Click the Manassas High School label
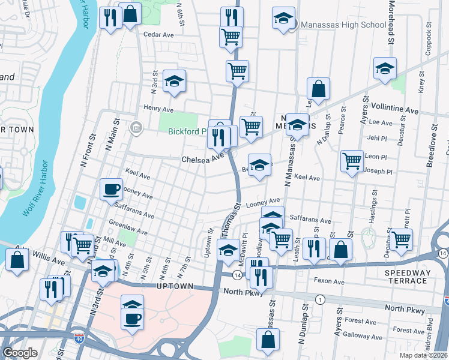click(x=343, y=25)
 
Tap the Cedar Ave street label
click(x=158, y=35)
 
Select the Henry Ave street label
click(x=158, y=109)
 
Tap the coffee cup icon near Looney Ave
click(x=110, y=189)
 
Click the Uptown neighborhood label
click(x=175, y=287)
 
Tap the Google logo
click(x=20, y=353)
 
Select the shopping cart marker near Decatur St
click(x=402, y=239)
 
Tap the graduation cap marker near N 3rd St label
click(x=174, y=81)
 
